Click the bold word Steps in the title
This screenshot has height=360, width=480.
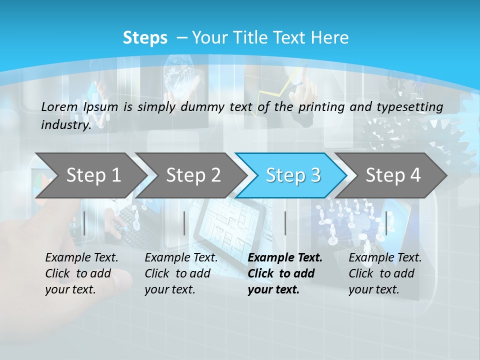click(145, 38)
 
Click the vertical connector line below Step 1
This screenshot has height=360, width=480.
click(84, 223)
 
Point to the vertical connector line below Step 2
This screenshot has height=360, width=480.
click(184, 223)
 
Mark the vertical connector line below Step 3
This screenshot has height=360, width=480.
click(285, 223)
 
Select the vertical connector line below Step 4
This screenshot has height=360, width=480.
click(386, 223)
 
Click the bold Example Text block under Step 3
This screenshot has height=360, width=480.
click(285, 273)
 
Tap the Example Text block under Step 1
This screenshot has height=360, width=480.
click(81, 273)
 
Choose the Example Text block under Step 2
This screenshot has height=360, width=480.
click(181, 273)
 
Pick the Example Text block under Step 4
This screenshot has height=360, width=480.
click(385, 273)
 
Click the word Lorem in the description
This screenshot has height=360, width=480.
click(59, 106)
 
